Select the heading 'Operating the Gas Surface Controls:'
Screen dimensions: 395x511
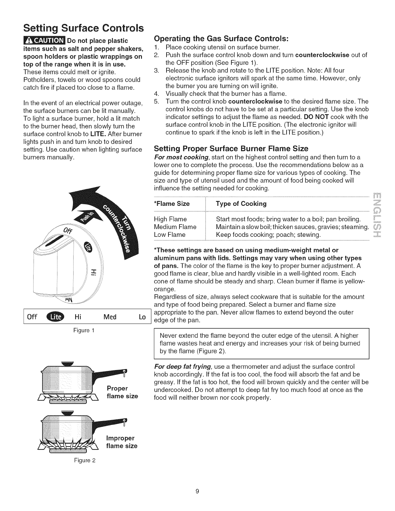tap(221, 38)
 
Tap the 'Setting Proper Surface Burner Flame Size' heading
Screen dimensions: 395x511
tap(231, 149)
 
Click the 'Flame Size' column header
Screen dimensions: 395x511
tap(172, 204)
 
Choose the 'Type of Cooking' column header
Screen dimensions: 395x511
tap(241, 204)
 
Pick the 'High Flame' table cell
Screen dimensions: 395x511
tap(170, 220)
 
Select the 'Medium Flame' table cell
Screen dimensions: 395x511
tap(175, 227)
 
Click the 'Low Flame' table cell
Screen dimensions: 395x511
tap(170, 235)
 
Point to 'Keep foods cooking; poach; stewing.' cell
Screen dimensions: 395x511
tap(268, 235)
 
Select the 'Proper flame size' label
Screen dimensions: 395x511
tap(122, 392)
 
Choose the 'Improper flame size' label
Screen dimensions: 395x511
tap(121, 442)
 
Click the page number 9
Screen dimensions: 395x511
tap(197, 491)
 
